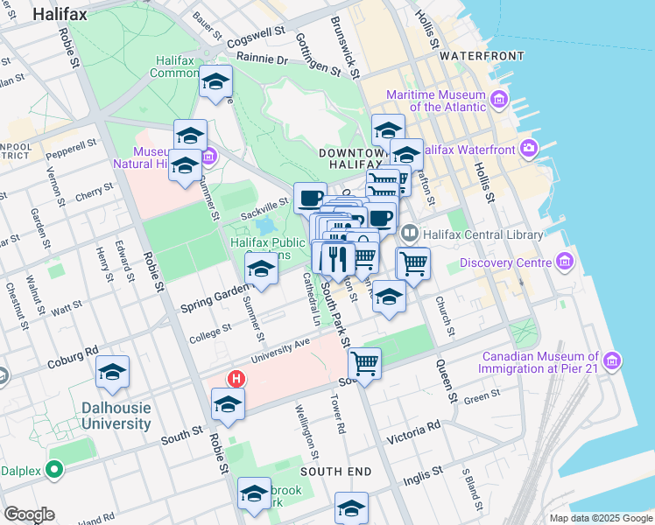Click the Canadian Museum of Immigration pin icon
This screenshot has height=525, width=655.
click(611, 360)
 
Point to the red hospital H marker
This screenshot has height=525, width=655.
click(236, 379)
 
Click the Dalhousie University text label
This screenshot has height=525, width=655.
click(116, 416)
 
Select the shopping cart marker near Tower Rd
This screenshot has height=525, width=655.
click(364, 362)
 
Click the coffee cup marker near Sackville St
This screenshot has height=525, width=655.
click(309, 198)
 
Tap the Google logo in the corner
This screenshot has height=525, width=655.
click(29, 514)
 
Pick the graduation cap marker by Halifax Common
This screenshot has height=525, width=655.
click(215, 82)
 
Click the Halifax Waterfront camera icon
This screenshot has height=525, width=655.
click(529, 149)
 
